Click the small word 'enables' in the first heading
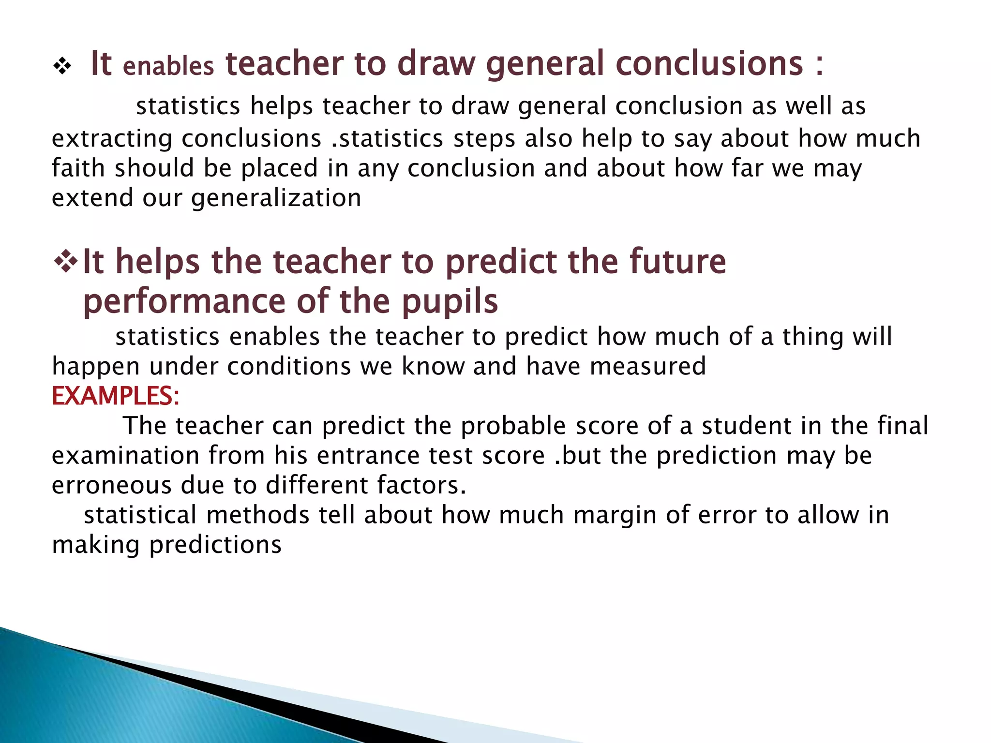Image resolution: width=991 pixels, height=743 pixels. click(x=168, y=67)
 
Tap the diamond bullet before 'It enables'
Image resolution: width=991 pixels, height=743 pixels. click(x=62, y=66)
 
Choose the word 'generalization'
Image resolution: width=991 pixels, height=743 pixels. click(x=276, y=198)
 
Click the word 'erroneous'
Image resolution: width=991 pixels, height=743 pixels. click(x=111, y=485)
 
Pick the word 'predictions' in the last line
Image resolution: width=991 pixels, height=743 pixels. click(x=215, y=545)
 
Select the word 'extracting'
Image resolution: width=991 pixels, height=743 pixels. click(x=112, y=139)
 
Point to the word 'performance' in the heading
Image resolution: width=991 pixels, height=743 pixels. click(x=184, y=301)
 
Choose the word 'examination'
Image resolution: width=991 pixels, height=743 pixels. click(x=125, y=456)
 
